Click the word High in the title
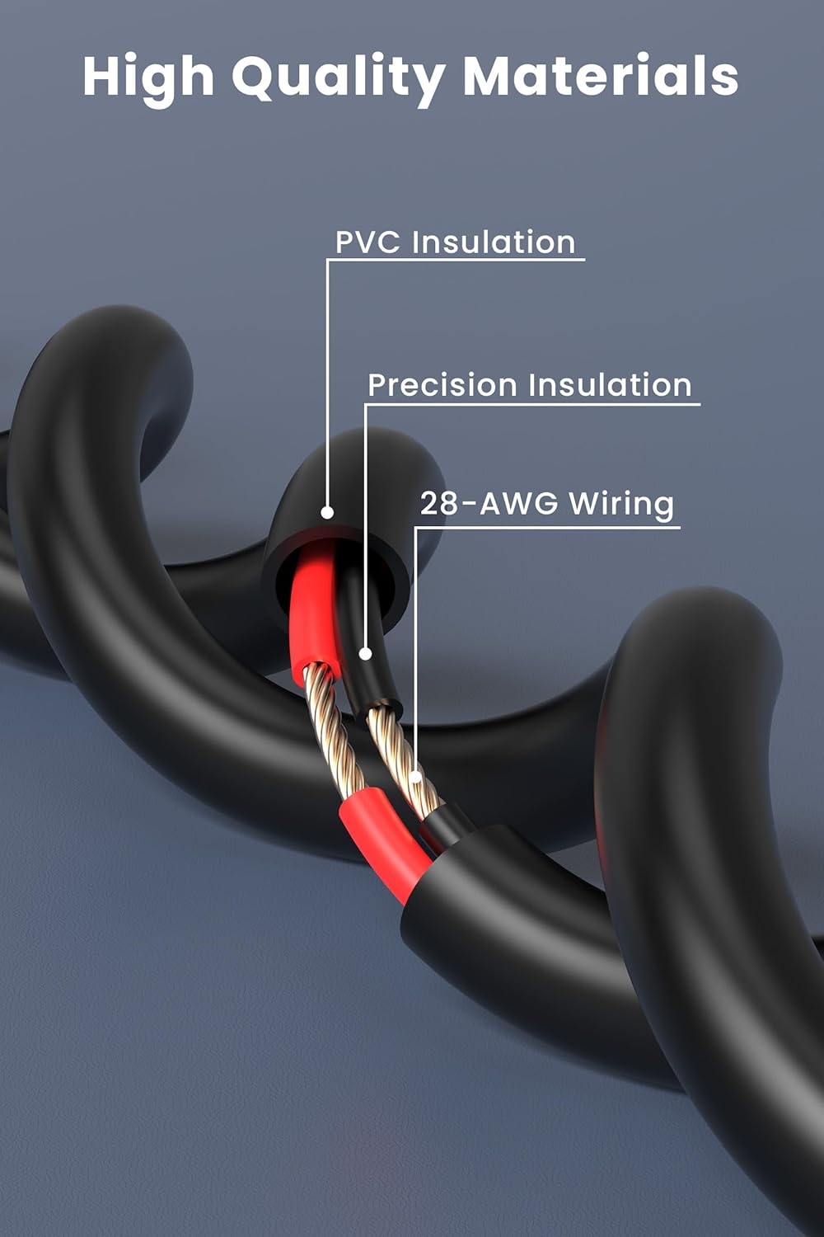pyautogui.click(x=148, y=76)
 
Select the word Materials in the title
pyautogui.click(x=600, y=76)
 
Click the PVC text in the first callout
pyautogui.click(x=368, y=242)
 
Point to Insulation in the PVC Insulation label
pyautogui.click(x=494, y=242)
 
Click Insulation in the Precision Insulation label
pyautogui.click(x=610, y=385)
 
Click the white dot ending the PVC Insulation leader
pyautogui.click(x=327, y=513)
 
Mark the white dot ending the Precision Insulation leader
pyautogui.click(x=367, y=654)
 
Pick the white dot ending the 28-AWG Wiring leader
pyautogui.click(x=417, y=776)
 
